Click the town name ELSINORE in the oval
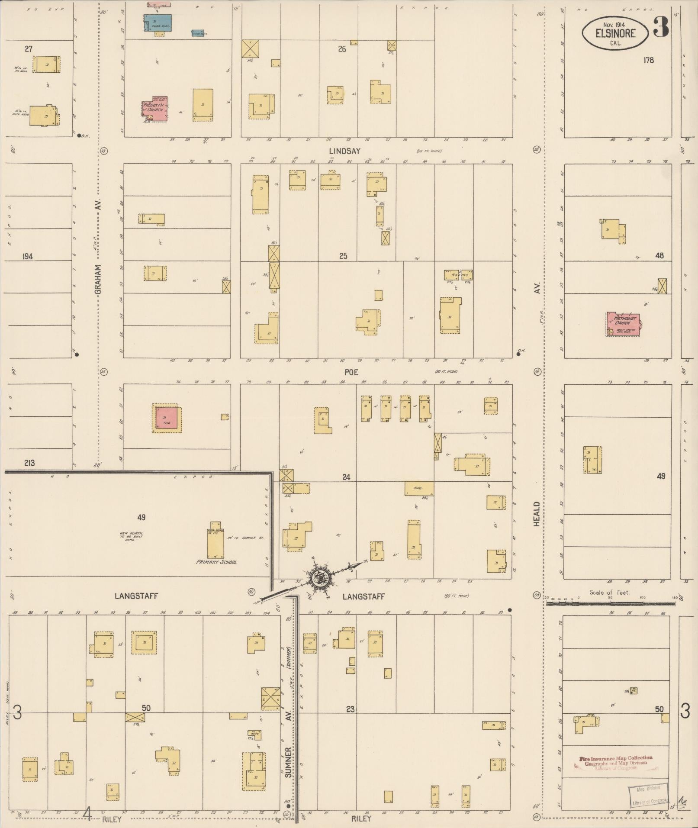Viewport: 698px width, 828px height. point(615,33)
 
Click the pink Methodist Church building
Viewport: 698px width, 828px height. point(623,324)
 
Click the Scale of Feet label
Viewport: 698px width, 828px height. point(609,593)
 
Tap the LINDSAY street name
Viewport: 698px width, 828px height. point(344,151)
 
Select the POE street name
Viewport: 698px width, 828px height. point(351,372)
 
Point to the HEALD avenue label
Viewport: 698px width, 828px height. point(537,514)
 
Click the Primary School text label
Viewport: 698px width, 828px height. point(216,562)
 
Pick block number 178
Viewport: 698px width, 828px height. point(648,60)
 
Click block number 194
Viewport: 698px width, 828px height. point(27,256)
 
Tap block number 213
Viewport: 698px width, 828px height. point(29,463)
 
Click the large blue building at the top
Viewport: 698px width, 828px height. point(158,23)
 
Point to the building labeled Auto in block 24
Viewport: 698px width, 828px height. point(419,489)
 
